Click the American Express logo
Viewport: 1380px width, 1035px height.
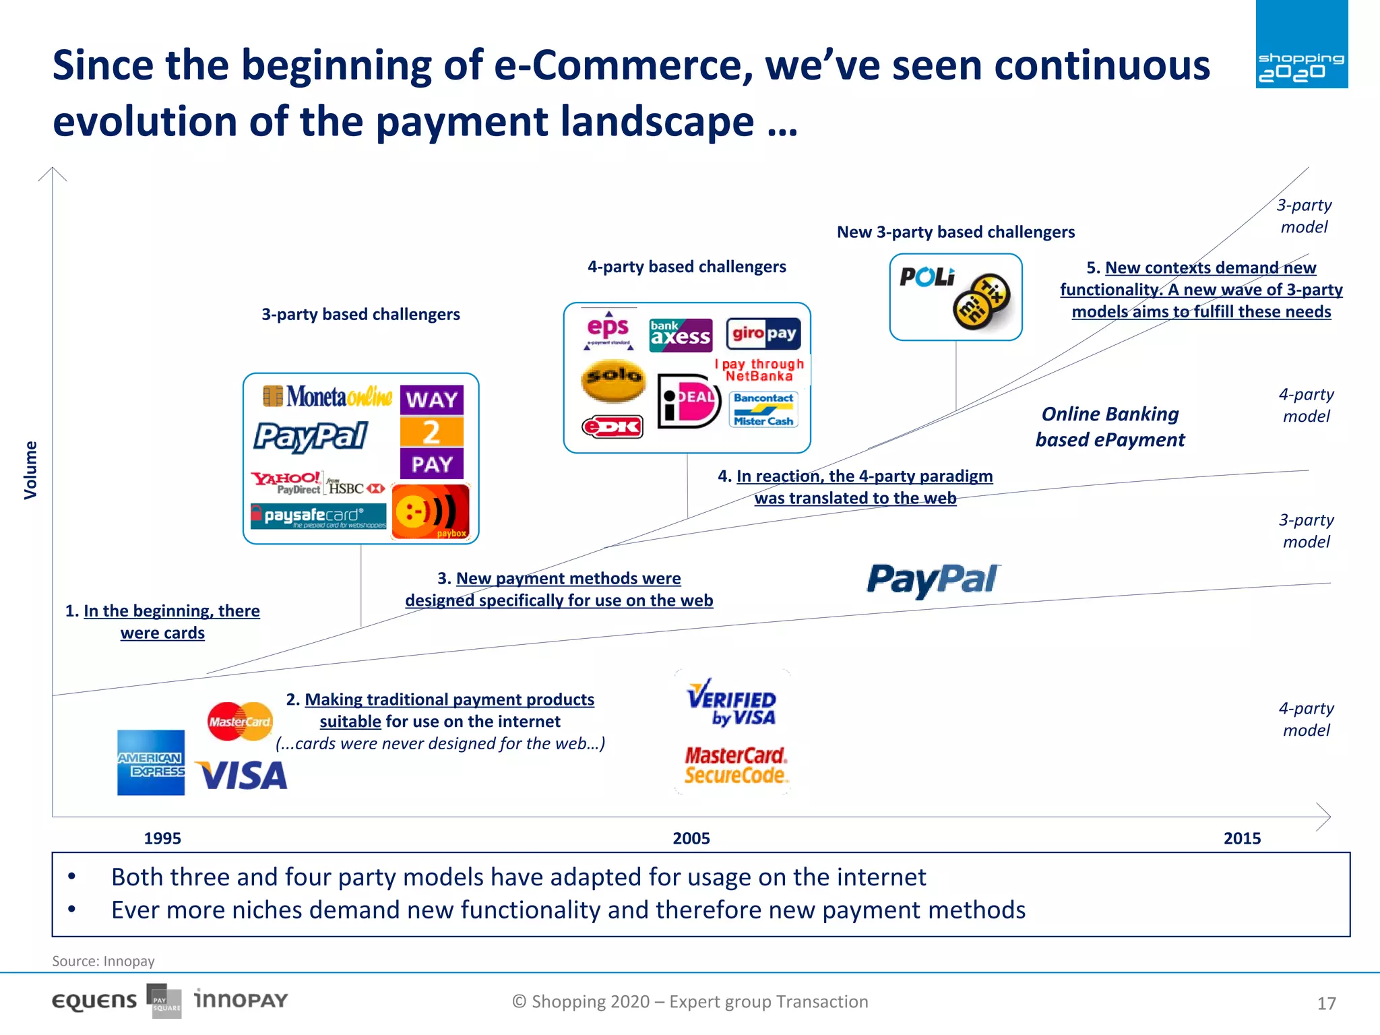[x=151, y=762]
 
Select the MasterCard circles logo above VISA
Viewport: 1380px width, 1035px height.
[x=240, y=722]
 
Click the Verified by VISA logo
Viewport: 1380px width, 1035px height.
[x=732, y=703]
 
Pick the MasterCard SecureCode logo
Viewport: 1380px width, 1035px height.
[x=735, y=765]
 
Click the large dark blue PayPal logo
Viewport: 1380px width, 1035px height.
[x=933, y=580]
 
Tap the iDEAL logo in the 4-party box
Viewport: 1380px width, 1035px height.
[x=688, y=401]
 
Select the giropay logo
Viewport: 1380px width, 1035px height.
[x=763, y=334]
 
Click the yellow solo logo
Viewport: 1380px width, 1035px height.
[x=613, y=379]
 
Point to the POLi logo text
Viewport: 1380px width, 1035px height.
[x=927, y=277]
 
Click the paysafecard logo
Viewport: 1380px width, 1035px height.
[x=319, y=516]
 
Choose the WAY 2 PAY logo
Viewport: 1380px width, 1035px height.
[x=432, y=432]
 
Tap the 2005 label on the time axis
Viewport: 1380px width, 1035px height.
[x=691, y=838]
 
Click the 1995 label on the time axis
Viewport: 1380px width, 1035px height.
[x=162, y=838]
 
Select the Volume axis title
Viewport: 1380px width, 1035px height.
[x=30, y=470]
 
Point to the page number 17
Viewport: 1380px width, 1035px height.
[x=1326, y=1003]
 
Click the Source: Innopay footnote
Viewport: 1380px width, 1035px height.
[x=104, y=961]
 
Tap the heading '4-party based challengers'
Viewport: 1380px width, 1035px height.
[x=687, y=267]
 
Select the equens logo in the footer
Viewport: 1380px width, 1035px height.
[x=94, y=1001]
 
